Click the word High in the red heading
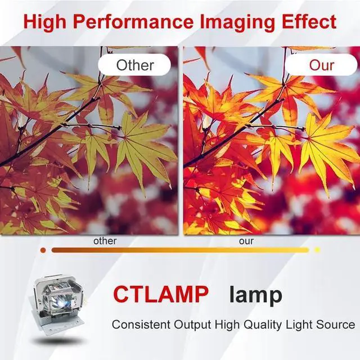click(44, 22)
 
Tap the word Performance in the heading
click(133, 22)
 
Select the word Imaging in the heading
click(237, 22)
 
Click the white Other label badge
click(134, 65)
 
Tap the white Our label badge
click(321, 65)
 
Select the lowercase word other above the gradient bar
click(105, 241)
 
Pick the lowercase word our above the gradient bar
click(246, 241)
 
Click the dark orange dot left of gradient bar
click(43, 250)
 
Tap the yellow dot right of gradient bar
click(317, 250)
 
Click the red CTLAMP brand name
click(161, 294)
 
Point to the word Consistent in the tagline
click(141, 325)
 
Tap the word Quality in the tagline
click(263, 325)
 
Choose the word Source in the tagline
click(335, 325)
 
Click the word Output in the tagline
click(192, 325)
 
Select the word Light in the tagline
click(299, 325)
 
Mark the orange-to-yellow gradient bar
click(180, 250)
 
